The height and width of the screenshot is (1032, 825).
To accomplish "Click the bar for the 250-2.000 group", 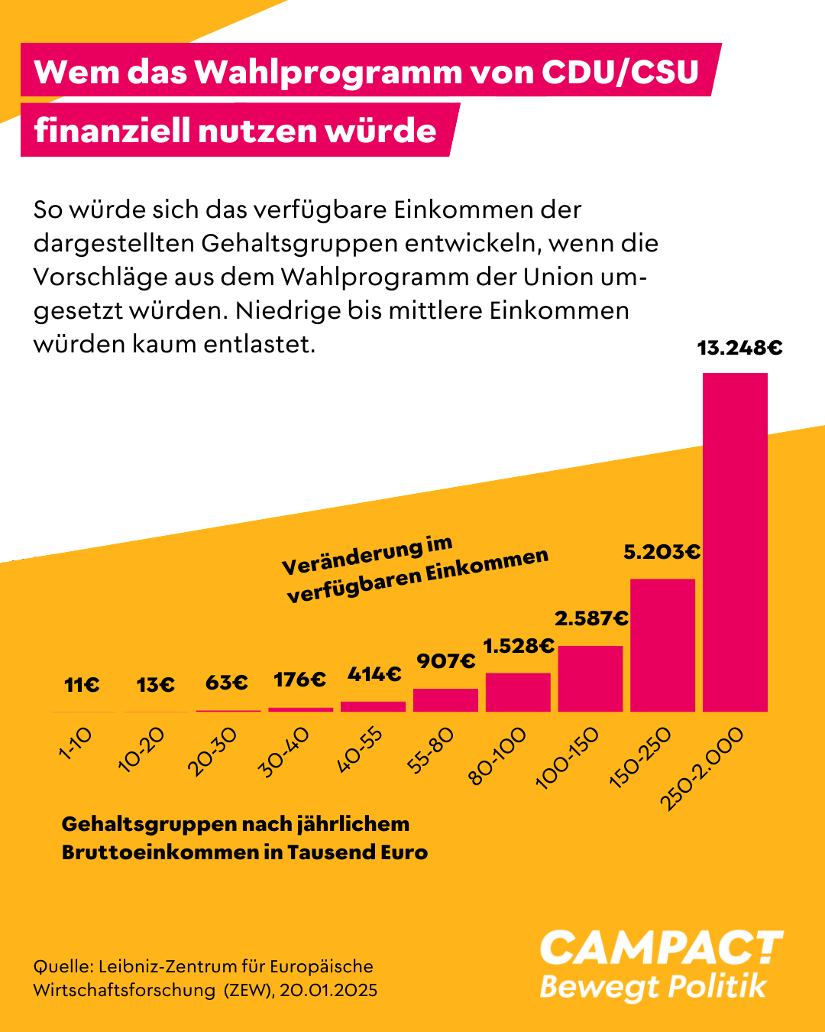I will coord(735,542).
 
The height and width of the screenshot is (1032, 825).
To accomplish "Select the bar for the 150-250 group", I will coord(662,645).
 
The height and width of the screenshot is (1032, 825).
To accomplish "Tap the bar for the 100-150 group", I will coord(590,679).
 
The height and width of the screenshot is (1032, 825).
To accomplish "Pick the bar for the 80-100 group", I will coord(518,692).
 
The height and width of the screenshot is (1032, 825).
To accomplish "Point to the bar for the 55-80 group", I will coord(445,700).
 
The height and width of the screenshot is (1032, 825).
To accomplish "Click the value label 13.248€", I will coord(739,349).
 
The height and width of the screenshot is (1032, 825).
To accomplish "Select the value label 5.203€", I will coord(662,552).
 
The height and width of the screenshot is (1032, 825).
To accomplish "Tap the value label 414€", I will coord(374,674).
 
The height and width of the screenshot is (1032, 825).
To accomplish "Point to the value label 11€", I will coord(82,685).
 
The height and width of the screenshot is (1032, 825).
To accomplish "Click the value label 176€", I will coord(299,680).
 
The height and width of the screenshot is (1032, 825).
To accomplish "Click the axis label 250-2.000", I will coord(701,768).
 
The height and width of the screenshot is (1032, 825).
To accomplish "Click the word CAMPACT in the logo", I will coord(661,949).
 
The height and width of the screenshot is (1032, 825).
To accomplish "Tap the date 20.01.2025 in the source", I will coord(328,991).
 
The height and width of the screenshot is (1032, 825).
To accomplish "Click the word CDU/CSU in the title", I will coord(620,72).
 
